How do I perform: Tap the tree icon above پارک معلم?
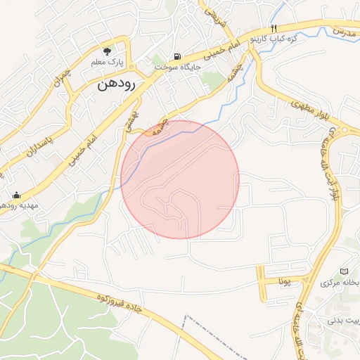107,51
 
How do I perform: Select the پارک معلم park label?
107,63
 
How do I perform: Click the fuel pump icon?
176,56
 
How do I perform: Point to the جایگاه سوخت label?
177,67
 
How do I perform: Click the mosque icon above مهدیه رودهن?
17,195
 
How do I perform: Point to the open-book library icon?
344,271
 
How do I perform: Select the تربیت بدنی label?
342,321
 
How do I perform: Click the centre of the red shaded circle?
180,179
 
